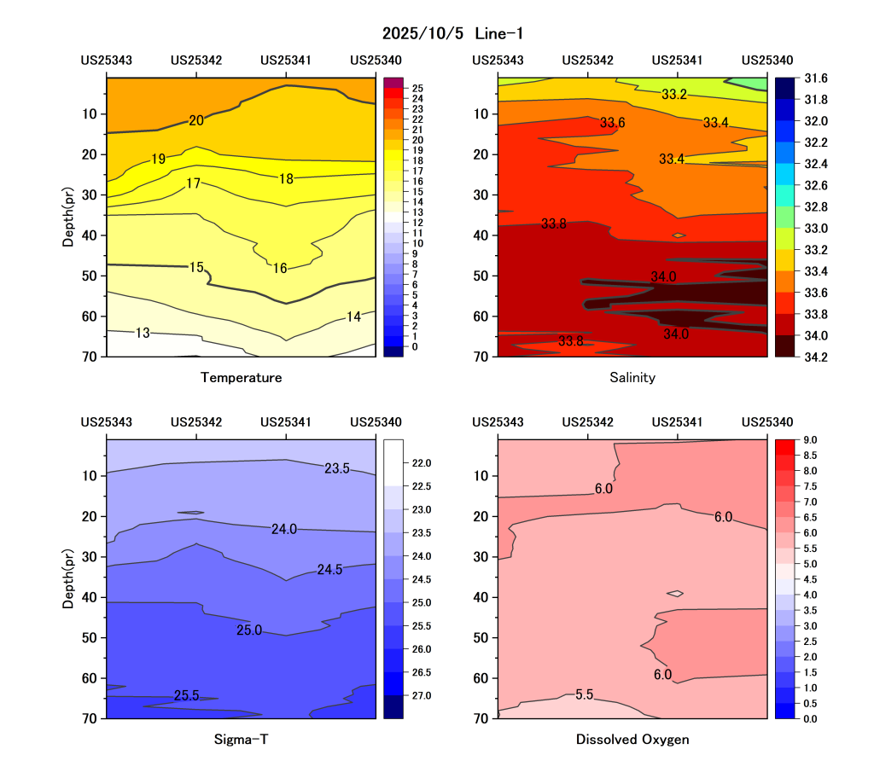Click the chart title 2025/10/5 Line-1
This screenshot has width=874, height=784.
(452, 33)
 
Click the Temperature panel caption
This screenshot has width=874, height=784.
(241, 377)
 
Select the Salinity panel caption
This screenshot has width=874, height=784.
(632, 377)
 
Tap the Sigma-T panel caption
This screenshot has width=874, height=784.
(241, 740)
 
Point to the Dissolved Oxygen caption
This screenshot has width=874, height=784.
(632, 740)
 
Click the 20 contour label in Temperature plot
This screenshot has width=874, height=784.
(196, 120)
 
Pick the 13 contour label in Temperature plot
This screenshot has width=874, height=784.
(143, 333)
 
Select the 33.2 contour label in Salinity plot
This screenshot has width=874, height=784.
(674, 95)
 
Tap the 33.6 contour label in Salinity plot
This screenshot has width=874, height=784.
(612, 123)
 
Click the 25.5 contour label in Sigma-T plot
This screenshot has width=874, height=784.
(186, 695)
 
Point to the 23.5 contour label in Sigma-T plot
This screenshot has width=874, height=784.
(337, 468)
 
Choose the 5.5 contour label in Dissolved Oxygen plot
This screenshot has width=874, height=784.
(584, 695)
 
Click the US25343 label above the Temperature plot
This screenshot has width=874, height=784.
(107, 61)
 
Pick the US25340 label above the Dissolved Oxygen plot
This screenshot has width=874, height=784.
(767, 422)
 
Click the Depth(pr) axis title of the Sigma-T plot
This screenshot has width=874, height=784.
(68, 577)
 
